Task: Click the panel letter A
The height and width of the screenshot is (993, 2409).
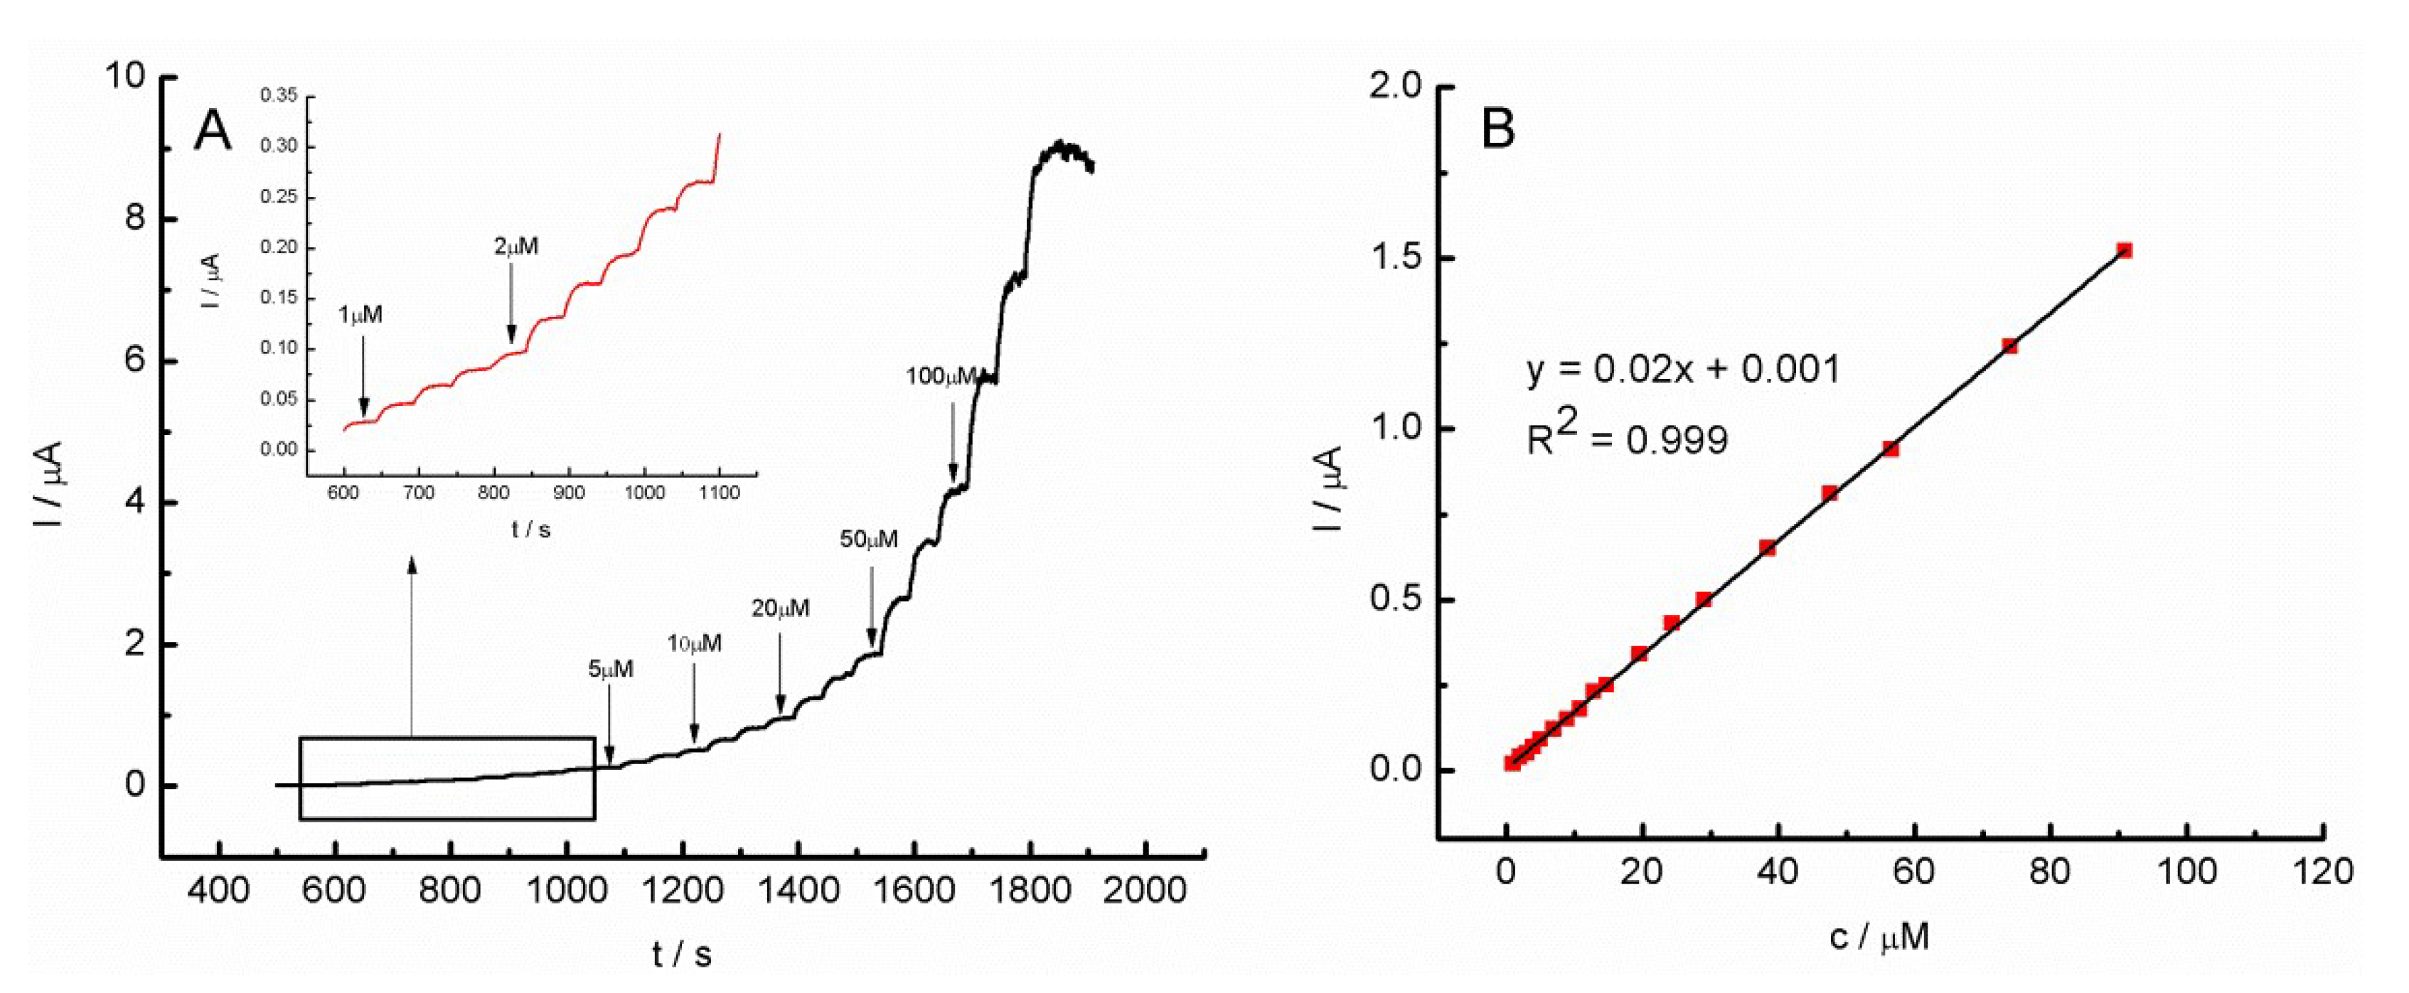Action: coord(213,131)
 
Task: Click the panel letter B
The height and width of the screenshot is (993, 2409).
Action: coord(1498,128)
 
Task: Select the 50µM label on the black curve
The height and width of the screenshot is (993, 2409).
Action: coord(869,540)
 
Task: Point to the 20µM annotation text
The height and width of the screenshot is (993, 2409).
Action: coord(781,608)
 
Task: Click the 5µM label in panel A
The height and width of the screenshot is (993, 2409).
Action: coord(611,670)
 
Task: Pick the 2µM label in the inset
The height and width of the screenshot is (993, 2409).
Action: coord(516,247)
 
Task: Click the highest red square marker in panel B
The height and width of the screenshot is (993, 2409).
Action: coord(2125,251)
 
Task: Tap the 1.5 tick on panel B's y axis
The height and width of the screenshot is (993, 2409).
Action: coord(1394,258)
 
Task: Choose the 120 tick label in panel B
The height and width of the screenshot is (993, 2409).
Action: coord(2324,872)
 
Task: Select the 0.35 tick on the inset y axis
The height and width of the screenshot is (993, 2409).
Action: coord(279,95)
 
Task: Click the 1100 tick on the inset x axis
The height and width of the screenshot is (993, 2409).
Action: coord(718,493)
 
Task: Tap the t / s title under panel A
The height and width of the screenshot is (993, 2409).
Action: coord(682,955)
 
